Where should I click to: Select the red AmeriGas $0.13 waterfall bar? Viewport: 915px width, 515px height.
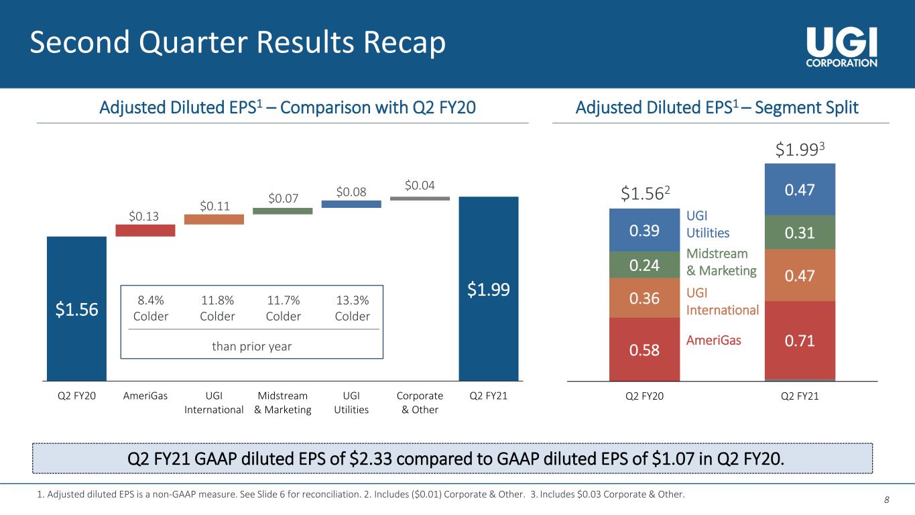tap(145, 230)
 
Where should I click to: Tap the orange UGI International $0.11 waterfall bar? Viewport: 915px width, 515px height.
tap(214, 219)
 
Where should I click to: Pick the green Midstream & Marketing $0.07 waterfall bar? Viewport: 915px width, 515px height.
tap(282, 211)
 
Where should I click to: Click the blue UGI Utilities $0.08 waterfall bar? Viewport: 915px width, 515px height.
tap(351, 204)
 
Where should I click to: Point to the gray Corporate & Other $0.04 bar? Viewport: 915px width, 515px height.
tap(420, 198)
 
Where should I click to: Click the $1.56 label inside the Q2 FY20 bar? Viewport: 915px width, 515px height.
tap(76, 309)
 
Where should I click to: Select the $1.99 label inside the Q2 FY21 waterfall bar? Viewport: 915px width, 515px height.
tap(488, 290)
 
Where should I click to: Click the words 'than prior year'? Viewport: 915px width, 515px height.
tap(251, 346)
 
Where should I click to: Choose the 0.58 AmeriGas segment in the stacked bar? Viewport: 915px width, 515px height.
tap(644, 349)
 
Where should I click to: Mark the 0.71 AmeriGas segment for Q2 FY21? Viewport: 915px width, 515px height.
tap(800, 341)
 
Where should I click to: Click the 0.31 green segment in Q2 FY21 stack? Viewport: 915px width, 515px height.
tap(800, 232)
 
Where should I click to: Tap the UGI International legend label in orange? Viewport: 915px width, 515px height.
tap(723, 302)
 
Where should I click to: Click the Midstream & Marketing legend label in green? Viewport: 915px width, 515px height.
tap(721, 262)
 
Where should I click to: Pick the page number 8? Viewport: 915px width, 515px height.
tap(887, 500)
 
